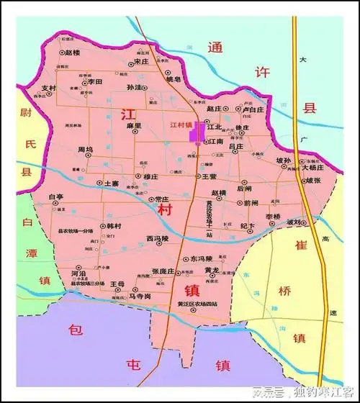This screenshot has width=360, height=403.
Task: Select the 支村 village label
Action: pyautogui.click(x=48, y=88)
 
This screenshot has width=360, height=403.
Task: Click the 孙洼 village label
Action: pyautogui.click(x=133, y=87)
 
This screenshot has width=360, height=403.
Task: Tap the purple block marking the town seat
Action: pyautogui.click(x=194, y=132)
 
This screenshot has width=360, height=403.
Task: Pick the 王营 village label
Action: pyautogui.click(x=209, y=176)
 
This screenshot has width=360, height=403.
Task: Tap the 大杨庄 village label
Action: pyautogui.click(x=312, y=167)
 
